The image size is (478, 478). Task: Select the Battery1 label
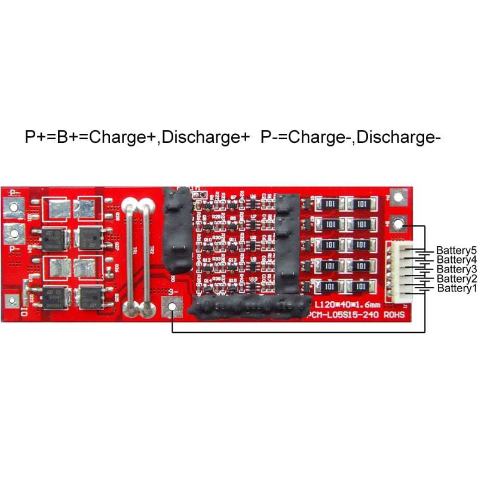457,289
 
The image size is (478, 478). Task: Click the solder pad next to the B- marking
172,307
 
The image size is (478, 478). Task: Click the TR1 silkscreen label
133,251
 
